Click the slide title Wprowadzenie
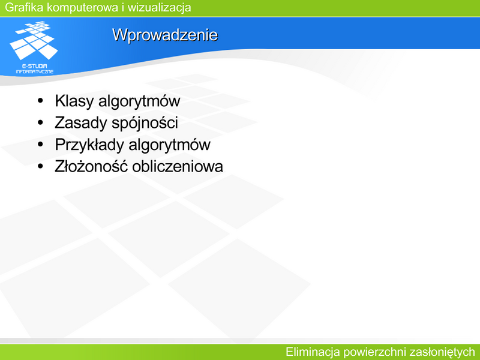165,35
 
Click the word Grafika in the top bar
24,7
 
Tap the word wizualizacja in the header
159,8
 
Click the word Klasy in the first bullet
74,101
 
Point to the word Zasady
81,122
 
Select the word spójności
145,123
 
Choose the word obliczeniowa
178,167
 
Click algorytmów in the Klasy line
139,101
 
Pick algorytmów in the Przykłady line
170,145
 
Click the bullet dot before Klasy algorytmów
40,101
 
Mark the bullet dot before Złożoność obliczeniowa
40,166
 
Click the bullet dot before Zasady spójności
40,122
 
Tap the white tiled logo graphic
34,40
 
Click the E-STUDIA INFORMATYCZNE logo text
35,69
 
